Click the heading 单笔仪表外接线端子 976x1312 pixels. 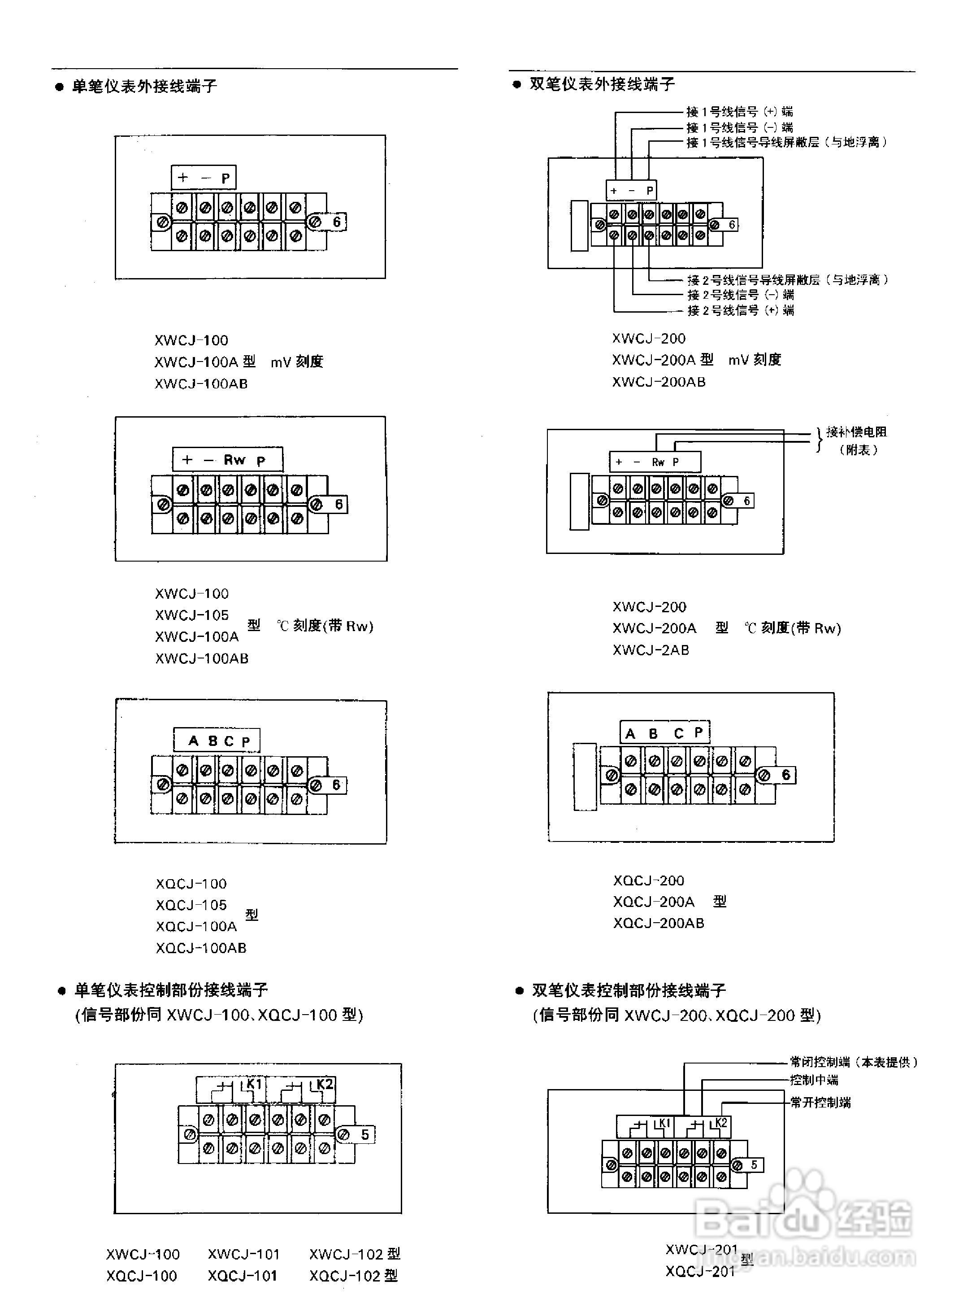click(x=144, y=86)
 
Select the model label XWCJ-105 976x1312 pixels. click(x=191, y=615)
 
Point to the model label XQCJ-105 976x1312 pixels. click(x=191, y=905)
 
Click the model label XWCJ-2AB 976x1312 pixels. click(x=651, y=650)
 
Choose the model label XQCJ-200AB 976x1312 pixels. click(x=658, y=923)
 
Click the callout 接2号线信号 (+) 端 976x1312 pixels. click(x=740, y=310)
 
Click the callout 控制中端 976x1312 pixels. click(x=814, y=1080)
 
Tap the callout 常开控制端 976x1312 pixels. click(x=820, y=1102)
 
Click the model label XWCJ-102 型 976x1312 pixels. click(x=355, y=1254)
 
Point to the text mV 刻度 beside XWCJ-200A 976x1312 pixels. click(x=755, y=360)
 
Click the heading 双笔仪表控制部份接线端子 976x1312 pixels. click(x=629, y=990)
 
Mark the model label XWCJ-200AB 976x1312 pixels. click(x=659, y=382)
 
